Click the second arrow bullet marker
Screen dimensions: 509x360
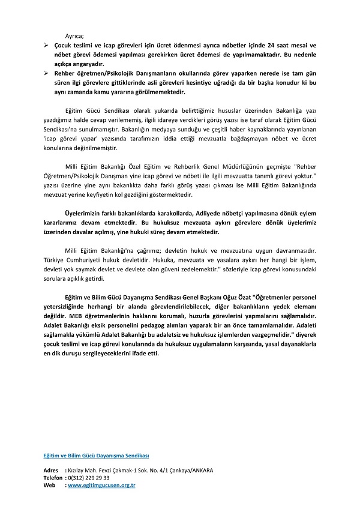(x=46, y=72)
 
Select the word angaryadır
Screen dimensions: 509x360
(x=88, y=64)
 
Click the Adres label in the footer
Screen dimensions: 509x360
(x=51, y=470)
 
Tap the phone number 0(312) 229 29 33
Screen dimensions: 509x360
(x=89, y=477)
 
